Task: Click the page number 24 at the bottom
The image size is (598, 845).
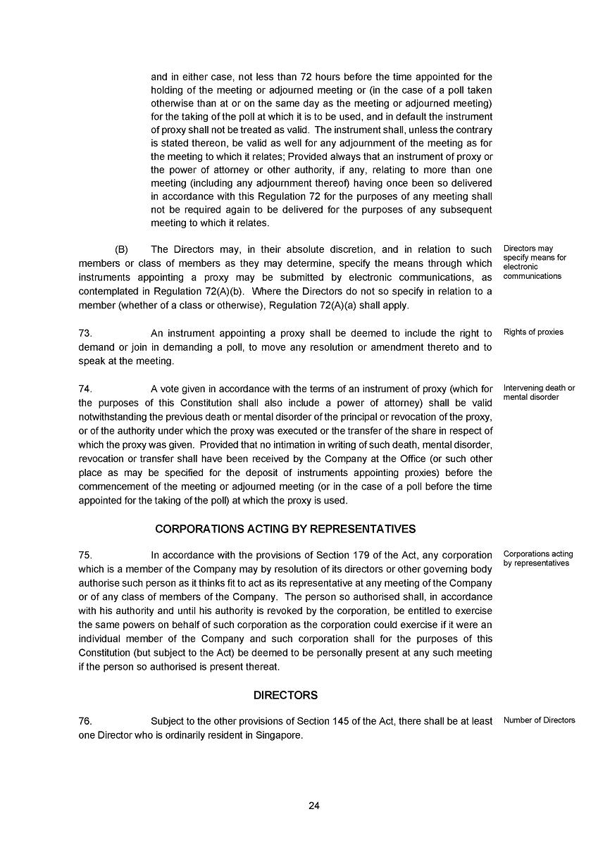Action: pyautogui.click(x=314, y=806)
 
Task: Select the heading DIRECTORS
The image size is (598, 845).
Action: pyautogui.click(x=285, y=695)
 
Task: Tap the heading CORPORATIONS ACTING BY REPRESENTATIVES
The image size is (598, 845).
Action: pyautogui.click(x=285, y=529)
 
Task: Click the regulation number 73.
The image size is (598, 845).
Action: pyautogui.click(x=85, y=333)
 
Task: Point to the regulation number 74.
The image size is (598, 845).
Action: pyautogui.click(x=85, y=389)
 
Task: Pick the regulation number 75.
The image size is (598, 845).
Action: pyautogui.click(x=85, y=555)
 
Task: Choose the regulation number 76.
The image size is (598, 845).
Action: pyautogui.click(x=85, y=721)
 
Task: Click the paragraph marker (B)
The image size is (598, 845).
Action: pyautogui.click(x=122, y=249)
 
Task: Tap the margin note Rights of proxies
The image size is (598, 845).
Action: pyautogui.click(x=533, y=332)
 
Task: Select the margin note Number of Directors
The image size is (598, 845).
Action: pyautogui.click(x=539, y=720)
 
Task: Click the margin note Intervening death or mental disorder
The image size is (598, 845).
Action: pyautogui.click(x=539, y=393)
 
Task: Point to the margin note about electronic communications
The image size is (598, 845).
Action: pyautogui.click(x=535, y=262)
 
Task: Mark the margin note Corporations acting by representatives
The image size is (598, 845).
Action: pyautogui.click(x=538, y=558)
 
